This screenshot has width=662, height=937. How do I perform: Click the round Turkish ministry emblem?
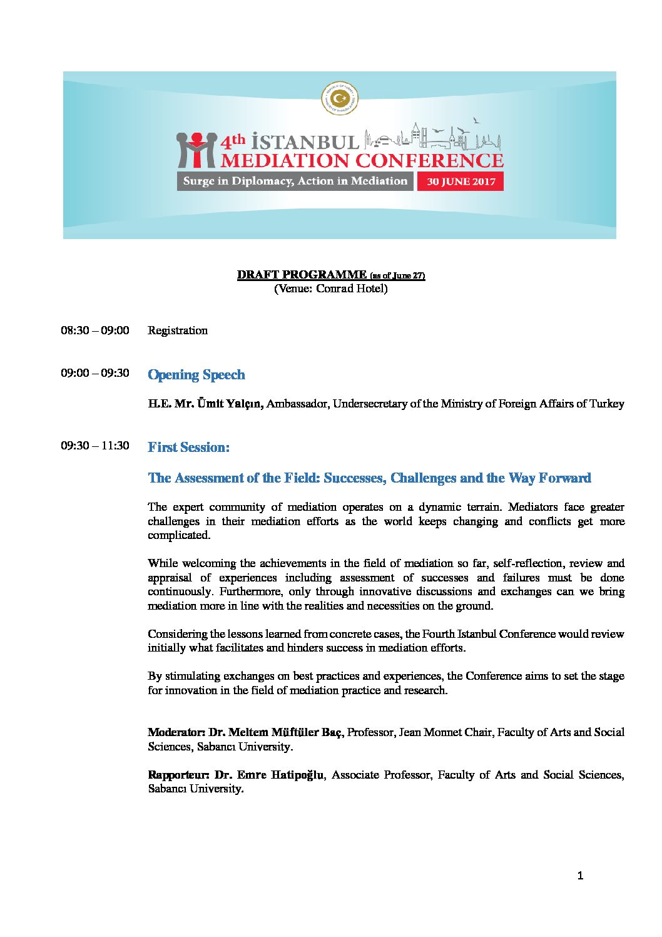(x=340, y=99)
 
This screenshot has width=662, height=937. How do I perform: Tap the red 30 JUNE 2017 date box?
(x=461, y=182)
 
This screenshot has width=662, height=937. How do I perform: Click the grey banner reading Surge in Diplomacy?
(x=295, y=181)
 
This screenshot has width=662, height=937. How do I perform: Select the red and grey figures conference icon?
(x=196, y=150)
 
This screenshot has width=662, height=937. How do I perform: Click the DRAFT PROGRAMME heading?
(x=302, y=274)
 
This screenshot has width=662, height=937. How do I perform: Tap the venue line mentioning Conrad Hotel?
(x=330, y=289)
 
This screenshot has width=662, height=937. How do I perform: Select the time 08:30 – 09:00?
(x=95, y=330)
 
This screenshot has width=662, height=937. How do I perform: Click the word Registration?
(x=178, y=330)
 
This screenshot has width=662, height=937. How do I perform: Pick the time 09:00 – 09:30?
(x=95, y=373)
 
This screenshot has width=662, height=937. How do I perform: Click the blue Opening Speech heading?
(x=196, y=374)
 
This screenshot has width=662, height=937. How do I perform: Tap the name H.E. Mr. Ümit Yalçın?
(x=206, y=404)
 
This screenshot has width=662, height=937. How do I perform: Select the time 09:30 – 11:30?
(x=95, y=446)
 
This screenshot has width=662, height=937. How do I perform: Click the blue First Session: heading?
(x=188, y=447)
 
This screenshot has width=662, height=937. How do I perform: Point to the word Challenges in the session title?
(x=423, y=478)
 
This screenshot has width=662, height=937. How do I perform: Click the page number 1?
(x=580, y=876)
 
